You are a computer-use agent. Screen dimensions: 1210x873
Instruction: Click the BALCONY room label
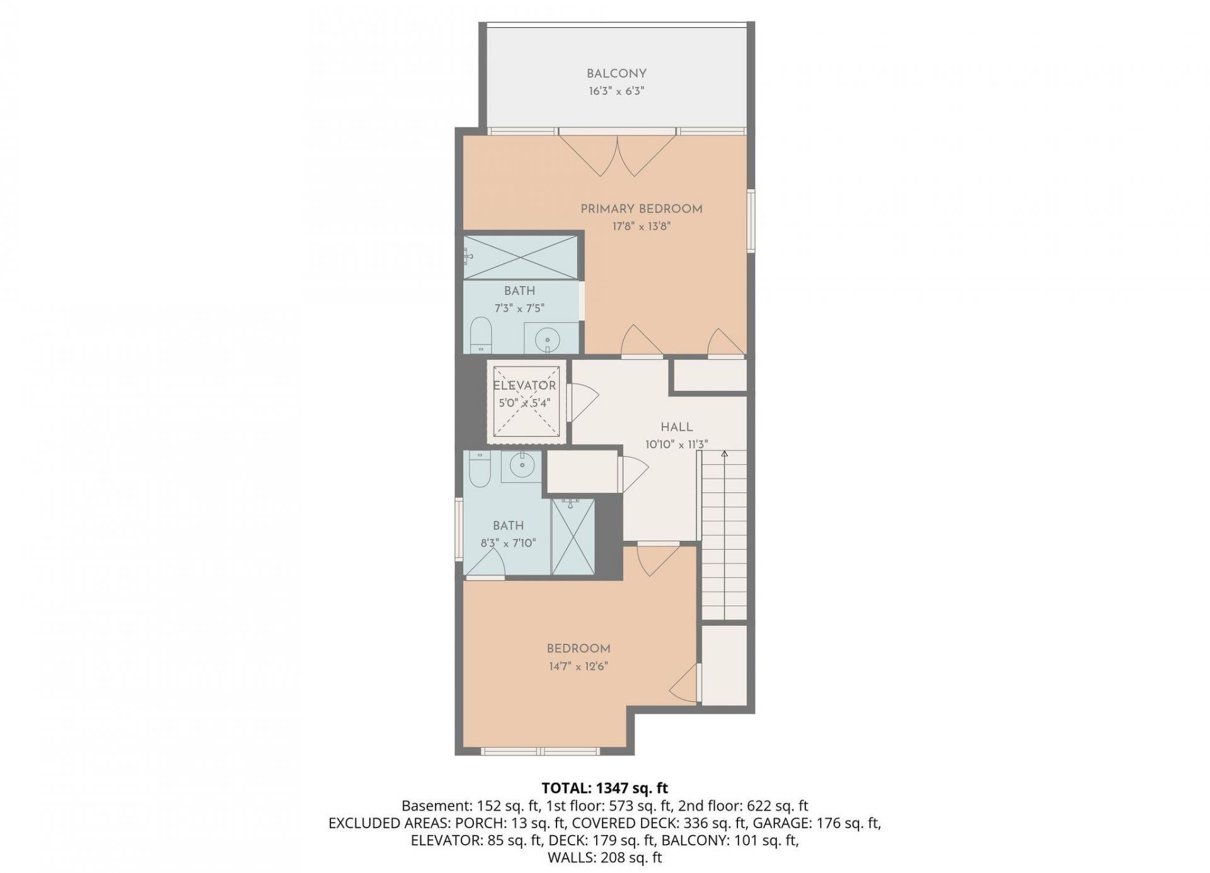coord(616,73)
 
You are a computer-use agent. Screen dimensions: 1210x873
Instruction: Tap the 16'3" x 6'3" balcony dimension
coord(616,91)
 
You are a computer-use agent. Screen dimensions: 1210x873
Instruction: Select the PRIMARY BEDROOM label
coord(641,209)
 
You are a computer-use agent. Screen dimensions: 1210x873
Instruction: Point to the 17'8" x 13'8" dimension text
coord(641,226)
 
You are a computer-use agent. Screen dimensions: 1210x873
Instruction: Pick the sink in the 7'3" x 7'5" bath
coord(546,340)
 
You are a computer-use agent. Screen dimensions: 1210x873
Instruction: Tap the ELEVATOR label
coord(524,386)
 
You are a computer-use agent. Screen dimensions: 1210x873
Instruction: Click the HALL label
coord(677,427)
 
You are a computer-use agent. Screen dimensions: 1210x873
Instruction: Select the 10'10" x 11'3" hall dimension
coord(676,444)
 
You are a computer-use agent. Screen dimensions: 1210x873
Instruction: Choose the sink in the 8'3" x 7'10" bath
coord(522,467)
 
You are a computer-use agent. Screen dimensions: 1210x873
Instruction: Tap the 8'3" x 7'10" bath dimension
coord(508,543)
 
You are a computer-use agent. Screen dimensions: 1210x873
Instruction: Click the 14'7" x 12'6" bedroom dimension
coord(577,666)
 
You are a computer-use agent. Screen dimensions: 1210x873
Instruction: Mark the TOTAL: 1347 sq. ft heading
coord(605,788)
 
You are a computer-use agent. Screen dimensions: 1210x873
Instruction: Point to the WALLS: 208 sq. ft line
coord(605,857)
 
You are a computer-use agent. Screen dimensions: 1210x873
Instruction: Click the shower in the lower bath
coord(572,536)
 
